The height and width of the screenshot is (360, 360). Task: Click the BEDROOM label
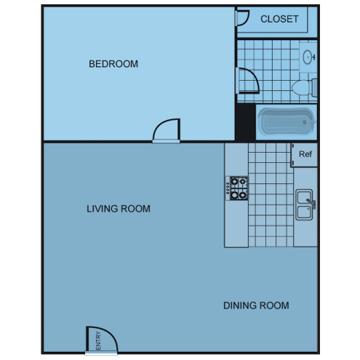click(113, 64)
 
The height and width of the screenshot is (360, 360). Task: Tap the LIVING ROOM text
click(119, 209)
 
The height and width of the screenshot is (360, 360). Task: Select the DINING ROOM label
click(256, 305)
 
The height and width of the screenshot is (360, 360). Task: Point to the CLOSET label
click(279, 19)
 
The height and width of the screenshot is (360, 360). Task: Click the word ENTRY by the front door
click(98, 340)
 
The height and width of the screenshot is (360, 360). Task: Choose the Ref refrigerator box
click(304, 155)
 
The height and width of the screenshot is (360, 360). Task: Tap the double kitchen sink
click(304, 204)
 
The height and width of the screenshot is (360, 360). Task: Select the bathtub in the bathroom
click(287, 122)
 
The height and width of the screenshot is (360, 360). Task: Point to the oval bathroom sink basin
click(308, 57)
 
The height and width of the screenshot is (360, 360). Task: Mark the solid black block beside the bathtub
click(246, 121)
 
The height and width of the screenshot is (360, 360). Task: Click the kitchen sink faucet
click(311, 204)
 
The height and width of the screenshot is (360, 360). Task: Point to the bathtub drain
click(305, 122)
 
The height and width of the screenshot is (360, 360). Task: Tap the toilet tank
click(314, 87)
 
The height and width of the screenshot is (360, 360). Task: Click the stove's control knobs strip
click(228, 188)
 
